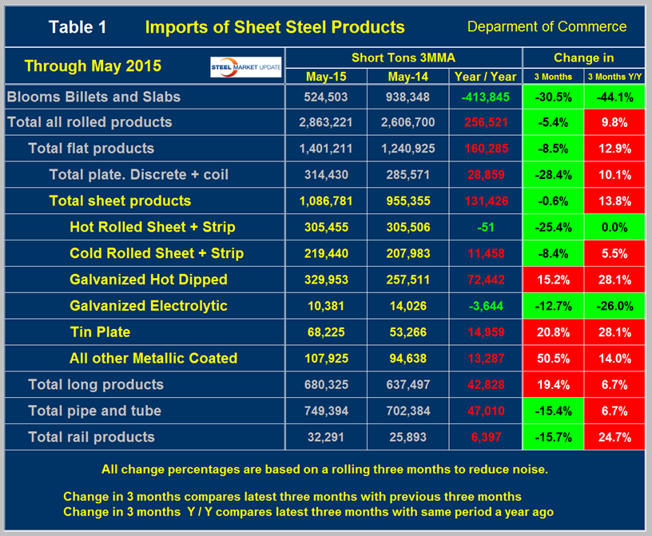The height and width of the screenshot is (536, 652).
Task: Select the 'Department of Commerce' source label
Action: (547, 26)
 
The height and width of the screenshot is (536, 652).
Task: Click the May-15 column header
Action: (326, 77)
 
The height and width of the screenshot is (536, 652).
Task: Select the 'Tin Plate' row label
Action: (100, 332)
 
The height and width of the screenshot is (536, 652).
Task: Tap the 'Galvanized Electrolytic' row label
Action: (149, 305)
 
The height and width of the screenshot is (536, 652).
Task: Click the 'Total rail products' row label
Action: (91, 437)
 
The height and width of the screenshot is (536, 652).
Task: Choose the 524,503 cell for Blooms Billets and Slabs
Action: (326, 97)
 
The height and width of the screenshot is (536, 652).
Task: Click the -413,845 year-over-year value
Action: (484, 97)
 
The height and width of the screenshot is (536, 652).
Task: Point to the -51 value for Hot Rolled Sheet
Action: (484, 227)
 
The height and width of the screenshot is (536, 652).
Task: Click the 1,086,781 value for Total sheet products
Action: (326, 201)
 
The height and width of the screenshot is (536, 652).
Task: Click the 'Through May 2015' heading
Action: (93, 66)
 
